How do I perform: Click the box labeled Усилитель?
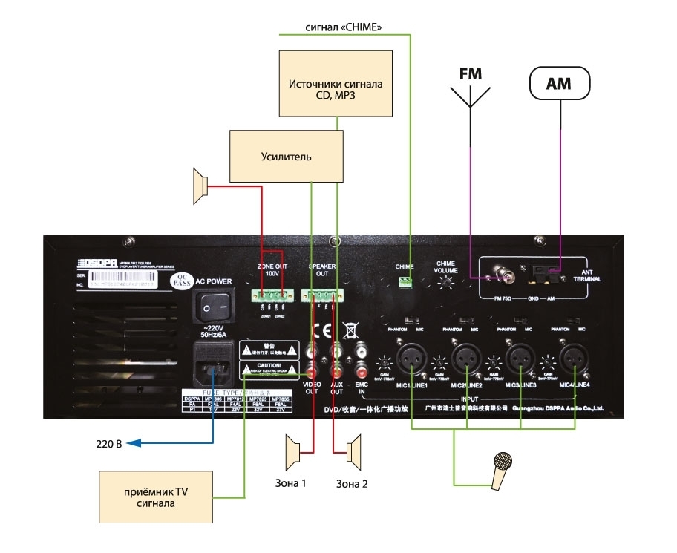coord(287,157)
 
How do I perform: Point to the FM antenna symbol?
coord(470,93)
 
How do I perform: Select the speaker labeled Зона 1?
coord(294,450)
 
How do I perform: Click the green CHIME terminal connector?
coord(405,281)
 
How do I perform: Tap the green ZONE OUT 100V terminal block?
coord(272,296)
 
